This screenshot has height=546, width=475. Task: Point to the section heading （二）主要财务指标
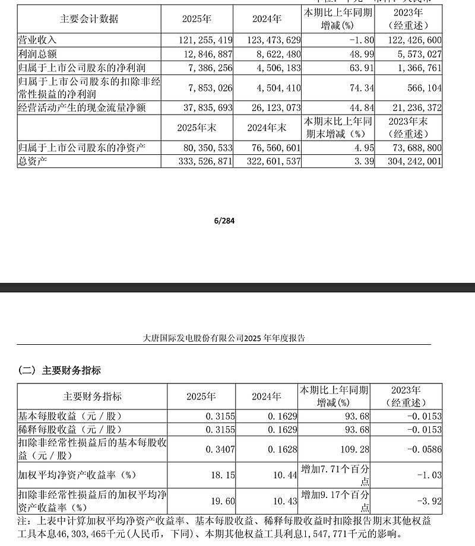pyautogui.click(x=59, y=371)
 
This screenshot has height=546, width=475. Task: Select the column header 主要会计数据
pyautogui.click(x=89, y=19)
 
